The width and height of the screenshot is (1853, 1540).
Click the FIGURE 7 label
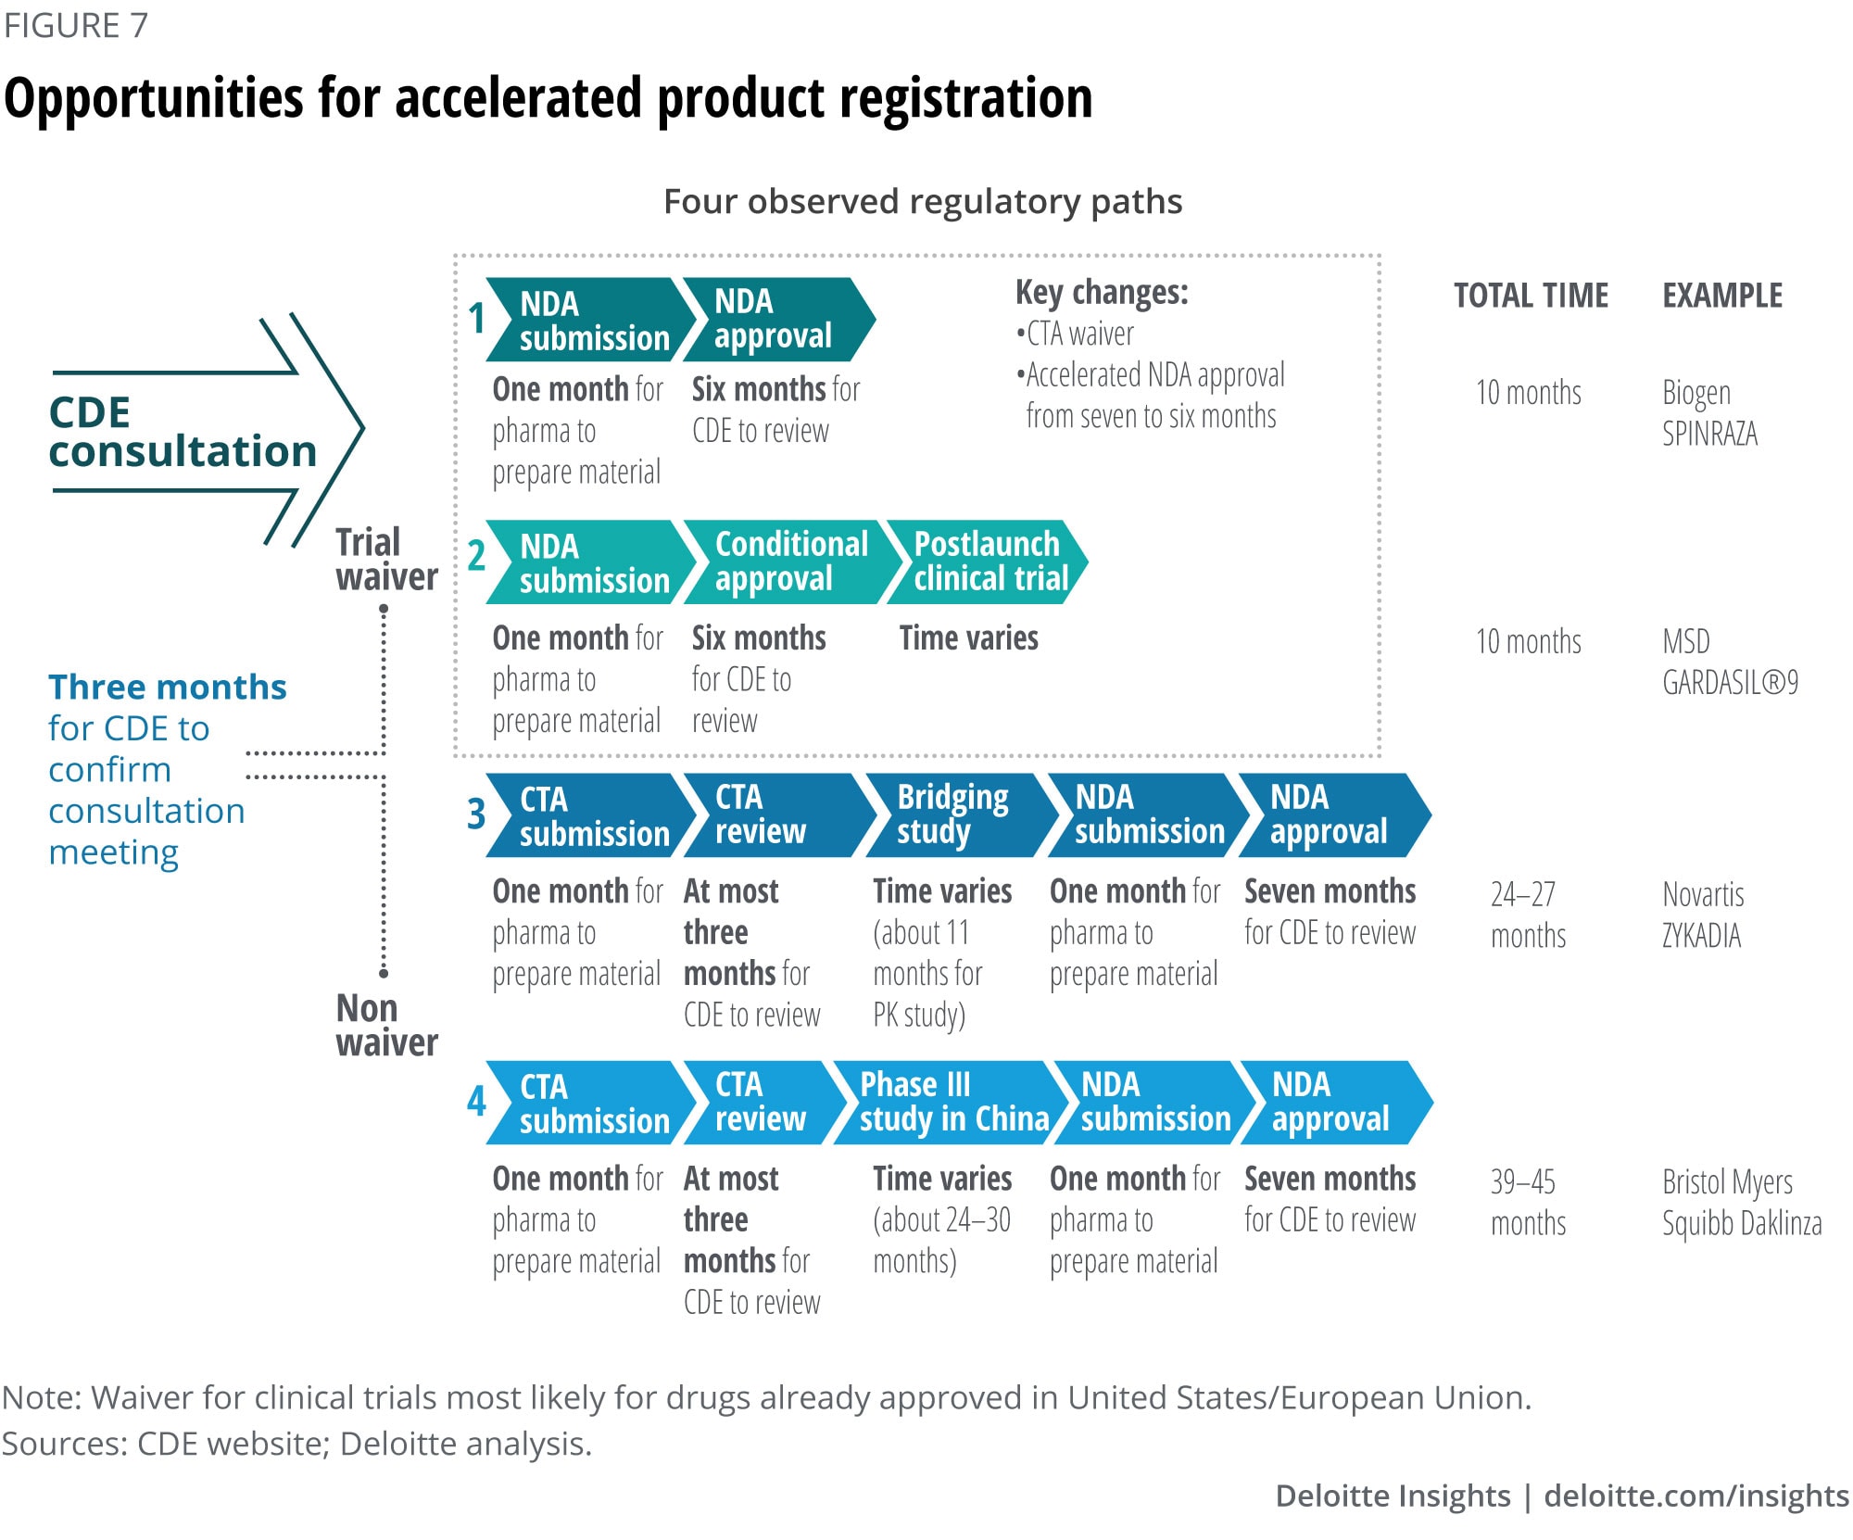click(x=76, y=25)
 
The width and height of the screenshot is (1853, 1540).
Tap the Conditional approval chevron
click(x=791, y=562)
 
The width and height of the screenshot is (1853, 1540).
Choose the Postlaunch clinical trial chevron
click(x=990, y=562)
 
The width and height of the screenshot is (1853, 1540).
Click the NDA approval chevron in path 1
click(x=775, y=319)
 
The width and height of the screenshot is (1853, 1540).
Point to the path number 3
click(x=476, y=814)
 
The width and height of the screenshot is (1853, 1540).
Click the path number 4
click(x=476, y=1102)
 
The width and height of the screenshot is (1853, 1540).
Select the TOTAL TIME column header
click(x=1531, y=296)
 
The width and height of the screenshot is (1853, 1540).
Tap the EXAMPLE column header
click(x=1721, y=296)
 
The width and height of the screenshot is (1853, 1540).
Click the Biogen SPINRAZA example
click(x=1708, y=413)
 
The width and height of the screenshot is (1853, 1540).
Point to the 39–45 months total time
click(x=1527, y=1202)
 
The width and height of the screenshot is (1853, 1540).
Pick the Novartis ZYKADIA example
click(x=1703, y=915)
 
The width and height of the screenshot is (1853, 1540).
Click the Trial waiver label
click(x=385, y=560)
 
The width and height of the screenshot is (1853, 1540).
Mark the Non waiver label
click(x=385, y=1025)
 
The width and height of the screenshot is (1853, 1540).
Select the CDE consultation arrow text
click(x=182, y=432)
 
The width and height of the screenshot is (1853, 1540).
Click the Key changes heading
click(x=1102, y=293)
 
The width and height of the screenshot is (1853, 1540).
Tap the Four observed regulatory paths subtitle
click(x=923, y=202)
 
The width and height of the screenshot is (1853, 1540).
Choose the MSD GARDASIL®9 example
click(x=1729, y=662)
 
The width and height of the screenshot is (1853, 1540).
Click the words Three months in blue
click(x=168, y=688)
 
